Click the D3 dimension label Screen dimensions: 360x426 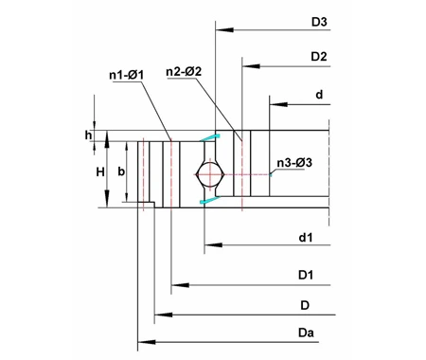319,21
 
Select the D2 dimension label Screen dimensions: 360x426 319,58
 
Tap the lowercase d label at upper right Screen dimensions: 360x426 319,94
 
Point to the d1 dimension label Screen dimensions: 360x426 305,237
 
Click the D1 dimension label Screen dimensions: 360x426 305,275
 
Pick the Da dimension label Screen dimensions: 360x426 305,331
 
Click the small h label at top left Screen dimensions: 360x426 88,136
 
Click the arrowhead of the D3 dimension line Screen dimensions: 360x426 221,30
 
